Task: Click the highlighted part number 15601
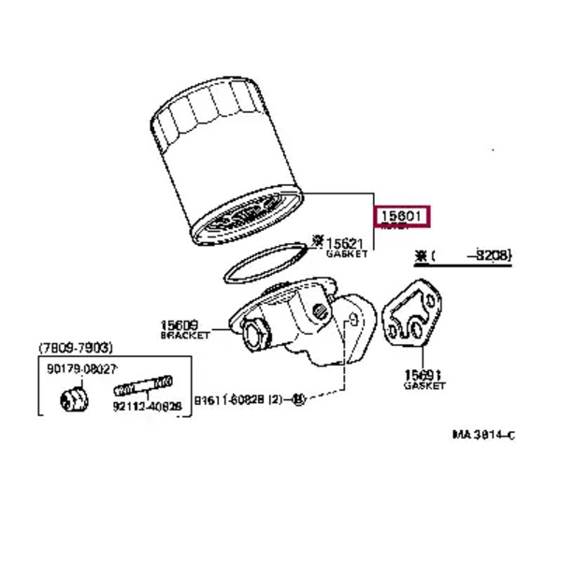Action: click(x=403, y=217)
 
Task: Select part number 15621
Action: click(x=345, y=242)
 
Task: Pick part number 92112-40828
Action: click(x=147, y=408)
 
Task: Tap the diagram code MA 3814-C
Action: click(x=483, y=435)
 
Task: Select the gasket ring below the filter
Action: click(x=265, y=263)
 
